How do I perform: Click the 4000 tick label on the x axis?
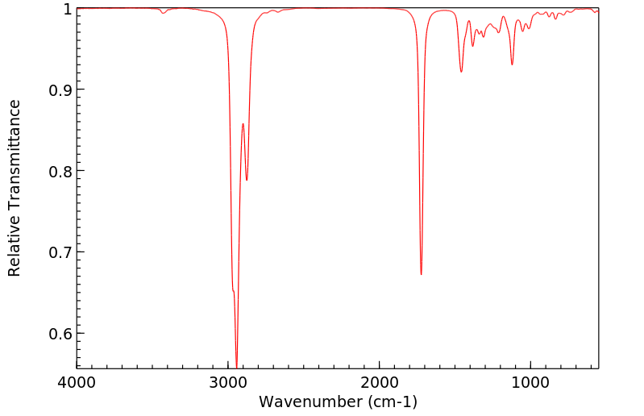point(77,383)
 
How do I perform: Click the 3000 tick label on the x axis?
point(228,383)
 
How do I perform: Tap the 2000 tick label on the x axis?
point(380,383)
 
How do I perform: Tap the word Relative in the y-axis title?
point(15,251)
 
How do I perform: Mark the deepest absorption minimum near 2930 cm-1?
point(236,365)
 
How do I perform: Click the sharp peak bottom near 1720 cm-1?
point(421,274)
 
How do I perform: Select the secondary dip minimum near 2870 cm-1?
point(247,180)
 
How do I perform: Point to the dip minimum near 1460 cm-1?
point(461,72)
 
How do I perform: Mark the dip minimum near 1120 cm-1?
point(512,64)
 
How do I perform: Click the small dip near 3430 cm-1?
point(163,13)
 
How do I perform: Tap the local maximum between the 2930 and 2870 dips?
point(243,124)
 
